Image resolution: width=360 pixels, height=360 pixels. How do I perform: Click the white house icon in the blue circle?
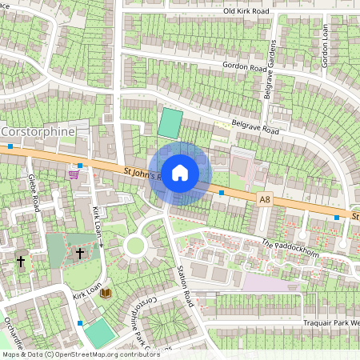[180, 172]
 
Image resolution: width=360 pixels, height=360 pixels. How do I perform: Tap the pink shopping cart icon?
[74, 174]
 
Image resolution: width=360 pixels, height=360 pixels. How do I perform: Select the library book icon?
[106, 294]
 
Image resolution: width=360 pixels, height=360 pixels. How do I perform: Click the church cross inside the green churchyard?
[79, 254]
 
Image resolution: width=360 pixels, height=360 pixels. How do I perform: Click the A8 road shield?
[265, 198]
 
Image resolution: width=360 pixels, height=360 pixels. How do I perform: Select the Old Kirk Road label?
[246, 11]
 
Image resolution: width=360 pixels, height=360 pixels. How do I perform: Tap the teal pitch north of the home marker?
[170, 123]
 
